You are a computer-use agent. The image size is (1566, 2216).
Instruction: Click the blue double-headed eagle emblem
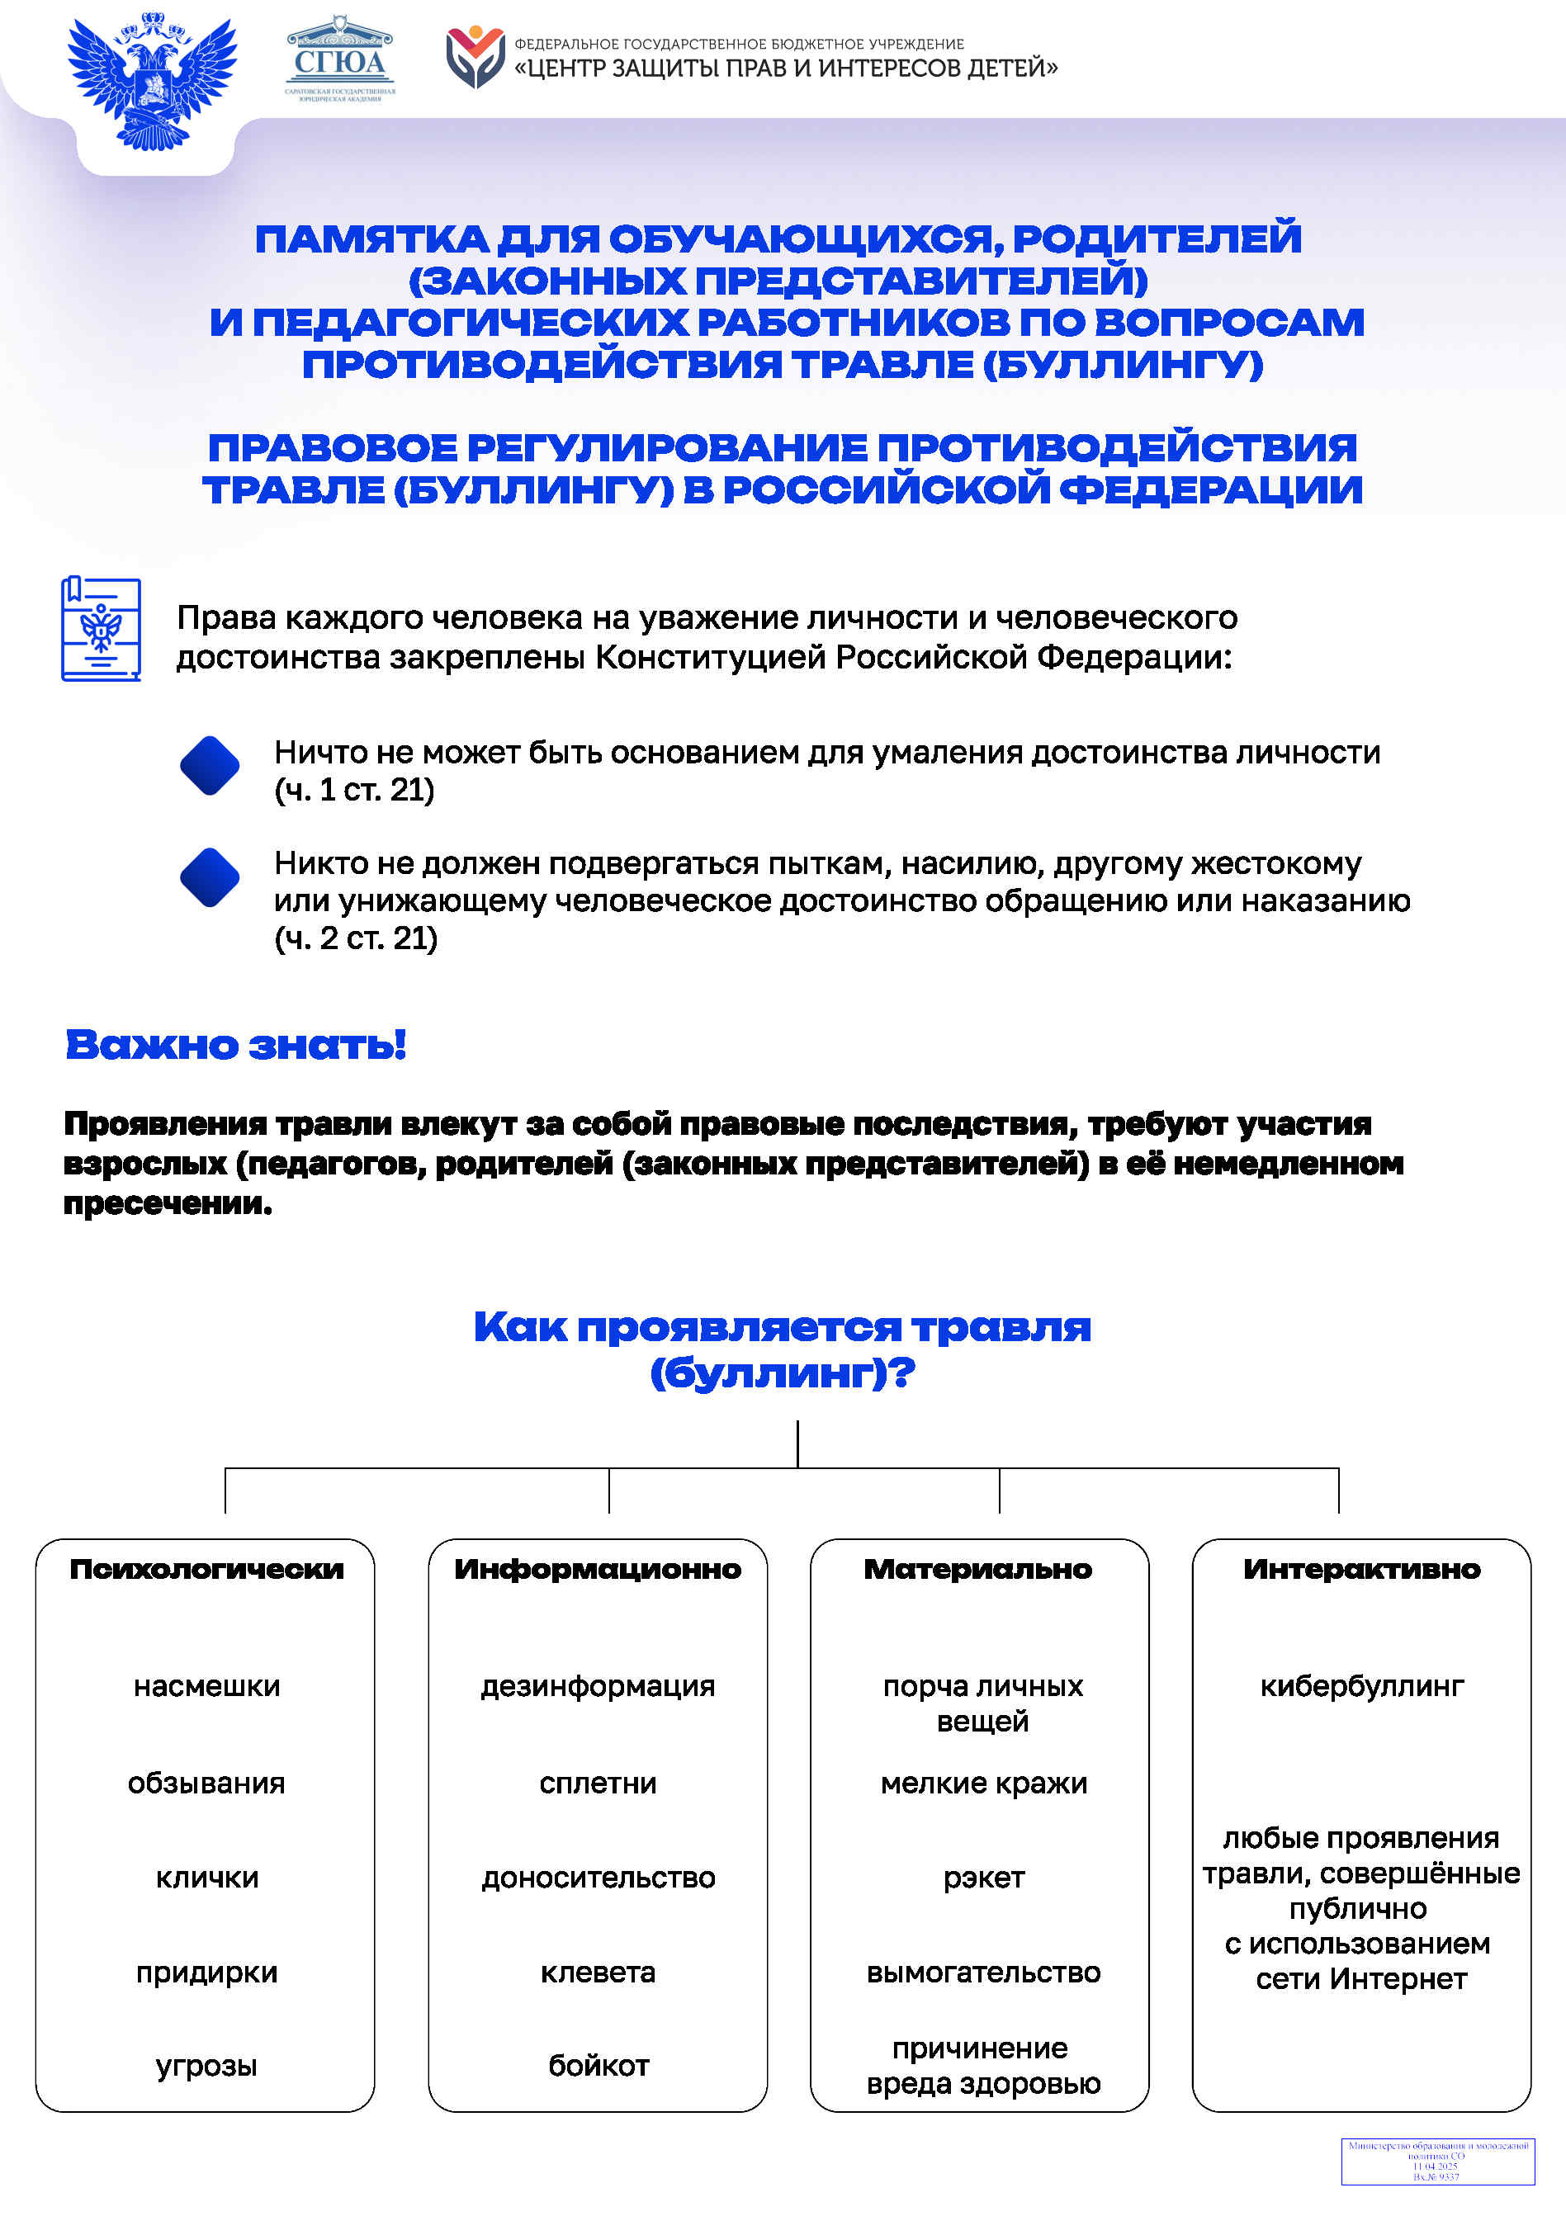153,81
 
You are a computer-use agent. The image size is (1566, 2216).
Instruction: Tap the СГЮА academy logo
340,60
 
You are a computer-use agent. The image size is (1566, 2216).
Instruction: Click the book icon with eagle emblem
101,629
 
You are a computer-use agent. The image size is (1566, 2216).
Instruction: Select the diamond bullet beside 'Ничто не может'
210,765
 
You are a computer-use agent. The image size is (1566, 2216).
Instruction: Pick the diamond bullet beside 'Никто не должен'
210,877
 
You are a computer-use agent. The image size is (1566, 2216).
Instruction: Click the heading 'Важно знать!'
235,1044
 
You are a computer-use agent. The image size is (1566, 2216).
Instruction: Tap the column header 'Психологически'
206,1568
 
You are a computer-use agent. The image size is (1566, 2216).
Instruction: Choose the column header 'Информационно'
598,1568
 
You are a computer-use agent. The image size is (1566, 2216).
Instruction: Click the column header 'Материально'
978,1568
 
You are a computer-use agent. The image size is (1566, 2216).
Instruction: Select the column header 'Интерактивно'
1361,1568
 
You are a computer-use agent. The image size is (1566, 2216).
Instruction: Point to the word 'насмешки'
206,1686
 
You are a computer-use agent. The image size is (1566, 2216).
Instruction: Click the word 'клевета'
598,1972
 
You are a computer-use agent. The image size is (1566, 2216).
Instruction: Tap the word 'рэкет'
983,1878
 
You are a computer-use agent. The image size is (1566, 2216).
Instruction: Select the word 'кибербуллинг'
1361,1686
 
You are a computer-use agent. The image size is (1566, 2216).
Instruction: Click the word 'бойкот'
598,2066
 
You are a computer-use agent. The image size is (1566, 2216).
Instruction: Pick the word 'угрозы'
206,2066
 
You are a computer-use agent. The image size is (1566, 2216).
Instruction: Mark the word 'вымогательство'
983,1972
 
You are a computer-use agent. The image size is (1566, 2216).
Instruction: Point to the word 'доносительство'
598,1878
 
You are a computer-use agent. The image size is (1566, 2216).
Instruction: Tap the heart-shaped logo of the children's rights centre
475,58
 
